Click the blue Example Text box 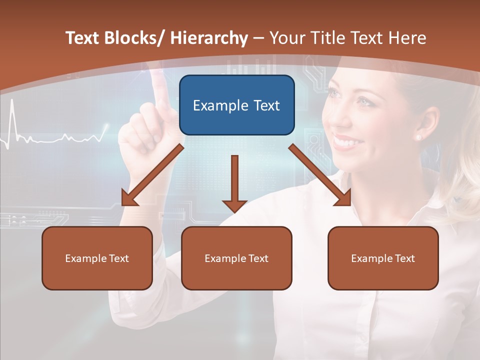[x=236, y=105]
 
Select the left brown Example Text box [x=97, y=258]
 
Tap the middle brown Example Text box [x=236, y=258]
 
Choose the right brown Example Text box [x=383, y=258]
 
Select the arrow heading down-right [x=320, y=175]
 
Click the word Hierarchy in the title [x=209, y=38]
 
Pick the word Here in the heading [x=408, y=38]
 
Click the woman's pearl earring [x=418, y=136]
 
